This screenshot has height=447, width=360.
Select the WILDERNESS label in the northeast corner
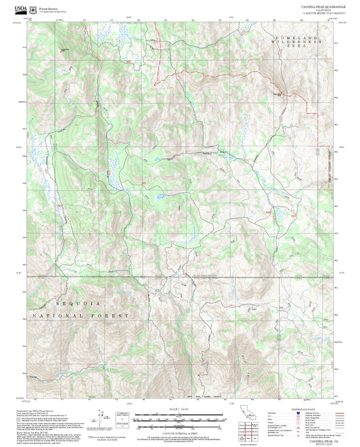(x=297, y=43)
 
